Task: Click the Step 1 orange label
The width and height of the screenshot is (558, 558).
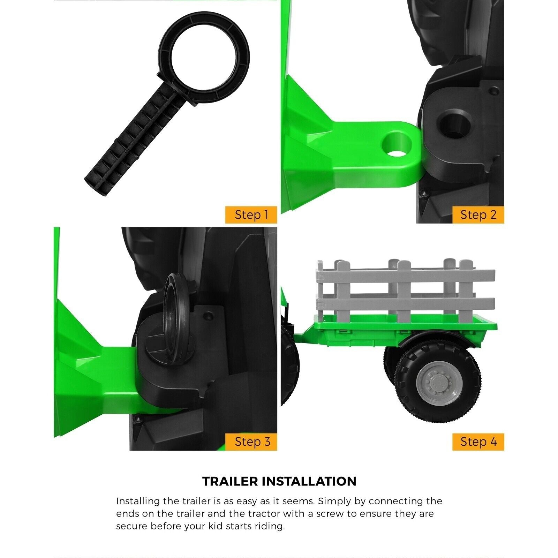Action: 251,215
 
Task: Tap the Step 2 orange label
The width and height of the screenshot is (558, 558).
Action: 478,215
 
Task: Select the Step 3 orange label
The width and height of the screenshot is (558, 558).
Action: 251,442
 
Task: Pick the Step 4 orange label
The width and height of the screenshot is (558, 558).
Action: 478,442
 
